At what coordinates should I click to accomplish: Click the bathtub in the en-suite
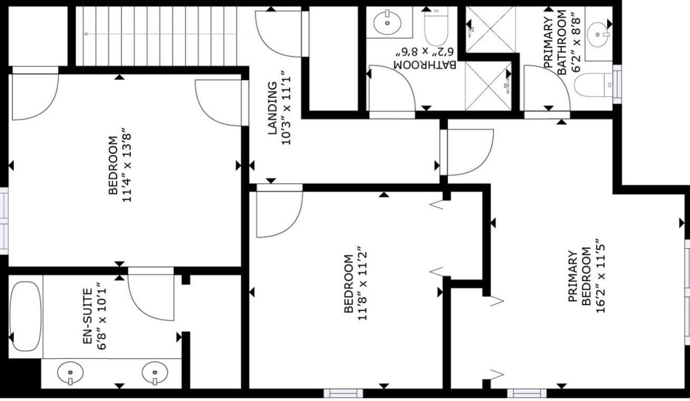pyautogui.click(x=26, y=316)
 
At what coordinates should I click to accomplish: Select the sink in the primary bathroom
pyautogui.click(x=599, y=34)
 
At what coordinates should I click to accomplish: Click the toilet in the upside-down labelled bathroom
pyautogui.click(x=435, y=26)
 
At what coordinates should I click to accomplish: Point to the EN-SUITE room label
pyautogui.click(x=88, y=316)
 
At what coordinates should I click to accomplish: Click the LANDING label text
pyautogui.click(x=273, y=107)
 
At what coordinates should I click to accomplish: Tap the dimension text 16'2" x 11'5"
pyautogui.click(x=600, y=276)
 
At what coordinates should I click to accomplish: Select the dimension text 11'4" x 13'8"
pyautogui.click(x=127, y=165)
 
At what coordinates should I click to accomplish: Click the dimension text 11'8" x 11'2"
pyautogui.click(x=362, y=283)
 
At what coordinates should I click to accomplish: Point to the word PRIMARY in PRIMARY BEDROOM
pyautogui.click(x=572, y=276)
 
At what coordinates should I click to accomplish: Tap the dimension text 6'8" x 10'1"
pyautogui.click(x=101, y=316)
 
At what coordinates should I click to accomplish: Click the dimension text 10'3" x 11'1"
pyautogui.click(x=286, y=107)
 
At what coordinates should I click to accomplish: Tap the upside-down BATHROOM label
pyautogui.click(x=424, y=65)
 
